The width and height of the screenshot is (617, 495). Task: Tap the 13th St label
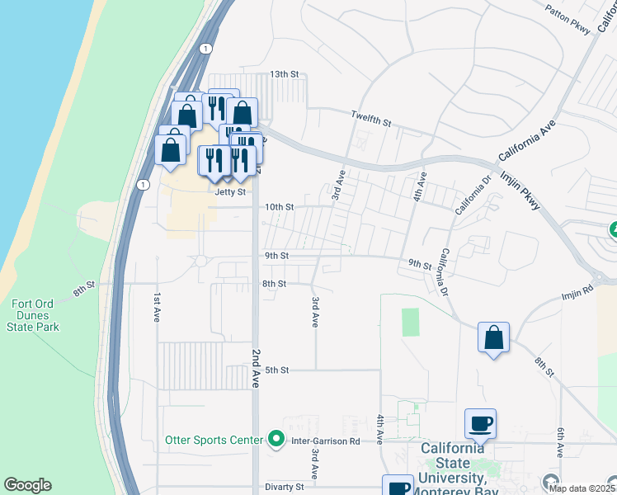pyautogui.click(x=285, y=74)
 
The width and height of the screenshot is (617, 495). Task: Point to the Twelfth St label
pyautogui.click(x=371, y=118)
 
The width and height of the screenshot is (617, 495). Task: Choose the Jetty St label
pyautogui.click(x=231, y=192)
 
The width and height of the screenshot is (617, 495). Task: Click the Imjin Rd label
pyautogui.click(x=577, y=290)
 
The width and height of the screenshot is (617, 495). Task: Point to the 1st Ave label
pyautogui.click(x=155, y=307)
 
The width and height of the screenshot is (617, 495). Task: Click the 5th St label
pyautogui.click(x=276, y=370)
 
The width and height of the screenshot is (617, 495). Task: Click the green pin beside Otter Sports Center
pyautogui.click(x=277, y=440)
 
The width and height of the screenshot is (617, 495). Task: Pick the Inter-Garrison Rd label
pyautogui.click(x=327, y=441)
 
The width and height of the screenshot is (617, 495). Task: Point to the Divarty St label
pyautogui.click(x=285, y=487)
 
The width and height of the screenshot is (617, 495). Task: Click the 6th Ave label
pyautogui.click(x=559, y=443)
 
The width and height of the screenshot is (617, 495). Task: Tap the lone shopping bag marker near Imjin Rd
pyautogui.click(x=493, y=338)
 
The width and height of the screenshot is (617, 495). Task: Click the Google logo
pyautogui.click(x=27, y=485)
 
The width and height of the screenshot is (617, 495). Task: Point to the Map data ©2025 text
pyautogui.click(x=584, y=488)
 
